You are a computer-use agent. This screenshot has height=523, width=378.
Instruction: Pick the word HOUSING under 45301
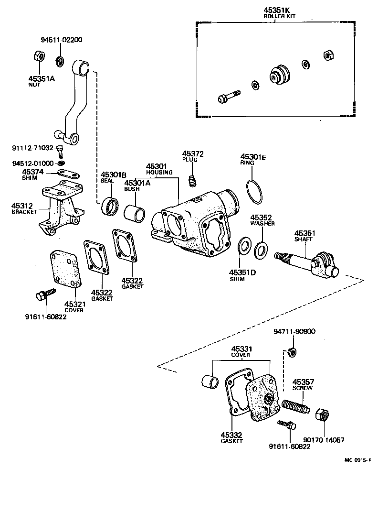[x=156, y=172]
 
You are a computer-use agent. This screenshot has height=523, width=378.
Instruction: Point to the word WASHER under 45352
[x=262, y=223]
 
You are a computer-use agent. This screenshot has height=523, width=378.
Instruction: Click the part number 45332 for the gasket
[x=231, y=435]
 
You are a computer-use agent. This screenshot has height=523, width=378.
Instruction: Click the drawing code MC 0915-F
[x=357, y=460]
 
